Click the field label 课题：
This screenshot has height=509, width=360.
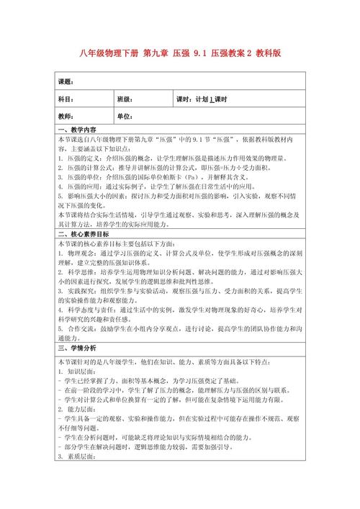click(66, 82)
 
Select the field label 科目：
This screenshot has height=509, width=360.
click(66, 99)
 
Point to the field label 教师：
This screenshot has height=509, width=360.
click(66, 116)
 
